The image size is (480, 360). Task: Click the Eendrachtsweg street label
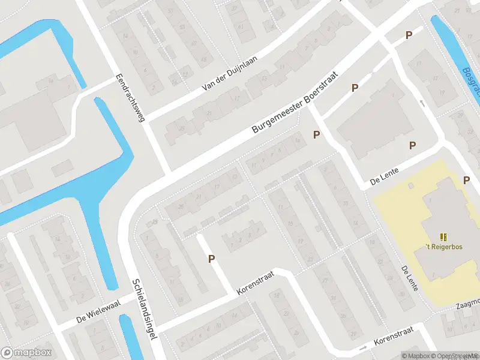click(x=130, y=99)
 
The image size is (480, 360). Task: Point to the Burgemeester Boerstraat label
click(x=295, y=103)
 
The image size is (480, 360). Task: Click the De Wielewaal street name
click(x=99, y=312)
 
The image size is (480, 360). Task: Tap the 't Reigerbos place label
click(x=443, y=247)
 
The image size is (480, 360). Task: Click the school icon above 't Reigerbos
click(x=443, y=238)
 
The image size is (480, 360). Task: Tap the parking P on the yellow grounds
click(x=466, y=180)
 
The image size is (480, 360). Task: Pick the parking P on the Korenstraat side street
click(x=211, y=259)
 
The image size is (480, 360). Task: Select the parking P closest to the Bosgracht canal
click(x=409, y=35)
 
